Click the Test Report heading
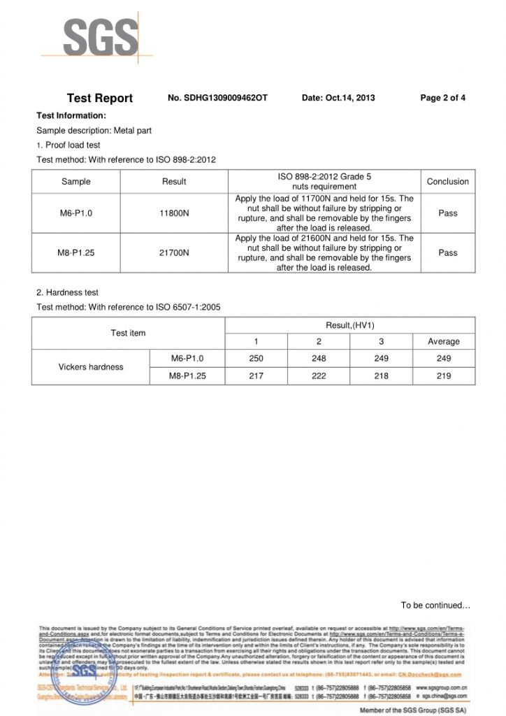pos(99,99)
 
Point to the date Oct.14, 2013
pos(338,98)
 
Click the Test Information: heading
pos(71,115)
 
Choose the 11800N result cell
pos(174,213)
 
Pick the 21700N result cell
pos(174,252)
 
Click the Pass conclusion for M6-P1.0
pos(447,213)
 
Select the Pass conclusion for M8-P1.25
pos(447,252)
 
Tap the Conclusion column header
pos(447,182)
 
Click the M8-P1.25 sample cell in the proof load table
pos(75,252)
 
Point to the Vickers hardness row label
pos(91,367)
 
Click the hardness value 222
pos(319,376)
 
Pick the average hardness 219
pos(443,376)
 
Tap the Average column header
pos(443,342)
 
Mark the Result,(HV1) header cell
pos(349,325)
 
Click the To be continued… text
pos(435,606)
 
